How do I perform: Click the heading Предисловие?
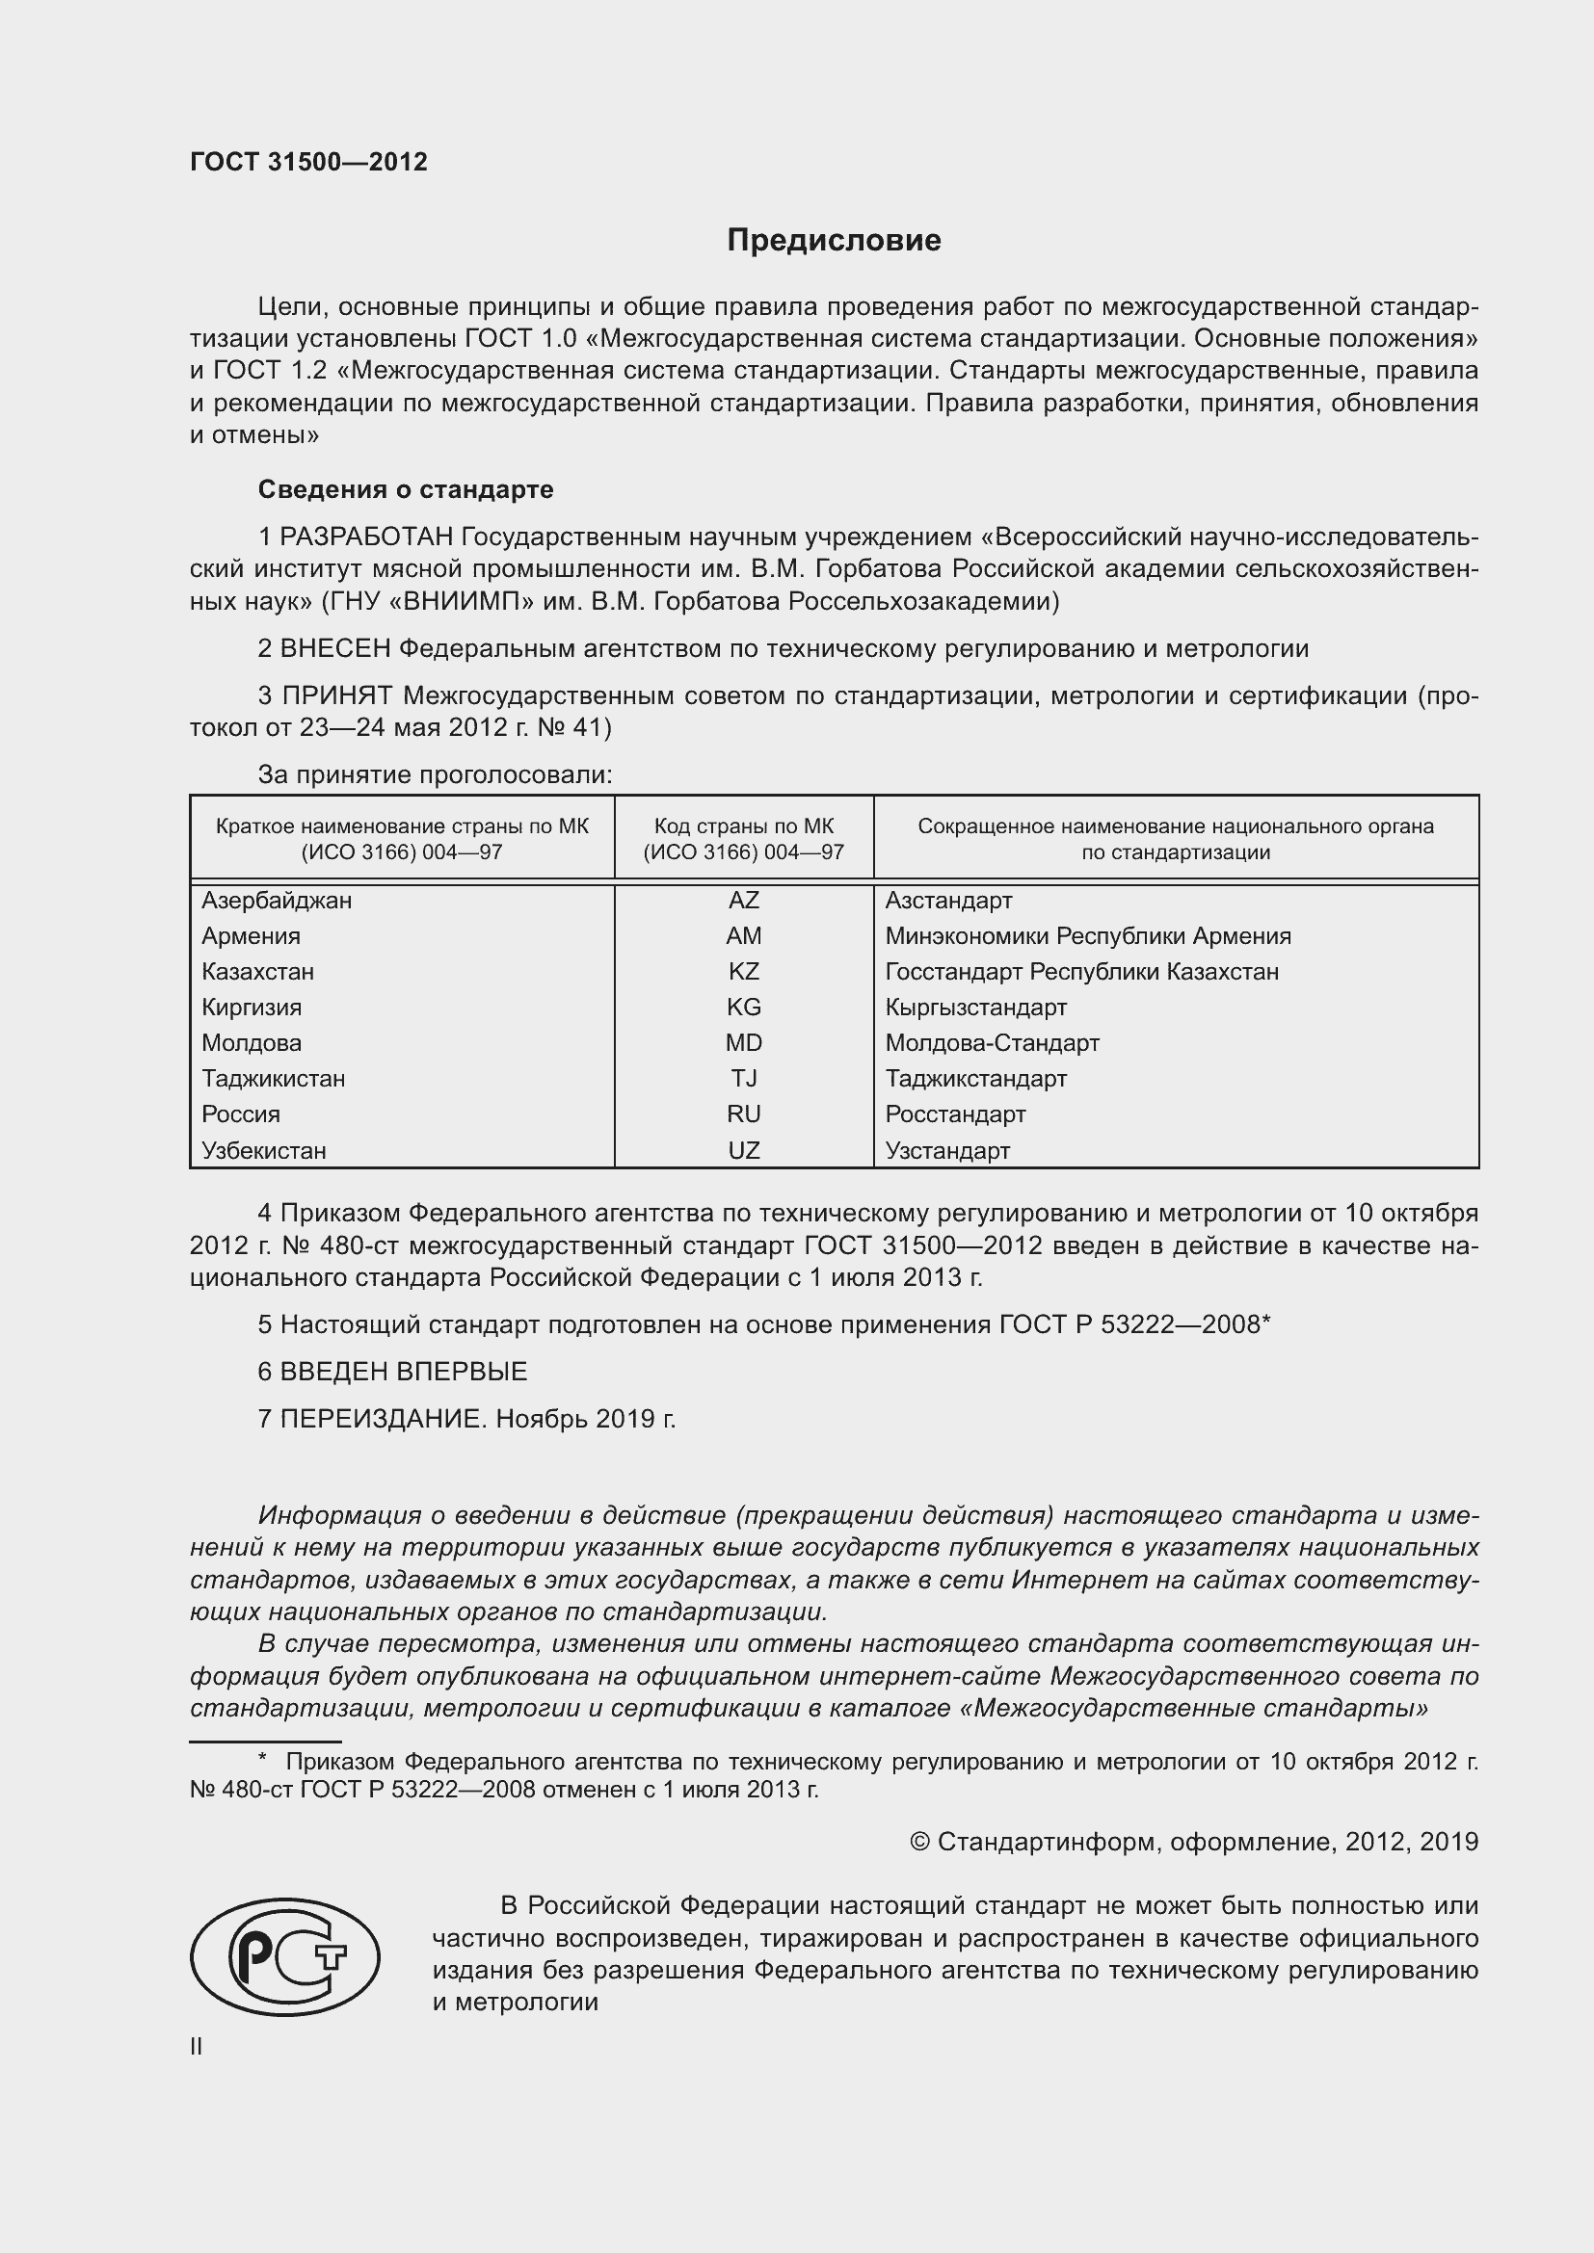(x=834, y=241)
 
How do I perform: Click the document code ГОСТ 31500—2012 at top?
(x=308, y=162)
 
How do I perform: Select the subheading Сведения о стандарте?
(x=406, y=488)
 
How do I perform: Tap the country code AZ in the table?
(x=743, y=900)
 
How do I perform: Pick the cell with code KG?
(x=743, y=1007)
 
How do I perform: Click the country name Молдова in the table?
(x=252, y=1042)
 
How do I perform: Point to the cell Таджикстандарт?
(x=974, y=1079)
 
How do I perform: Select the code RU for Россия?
(x=743, y=1113)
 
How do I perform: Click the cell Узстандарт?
(x=946, y=1150)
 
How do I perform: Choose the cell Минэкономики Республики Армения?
(x=1087, y=935)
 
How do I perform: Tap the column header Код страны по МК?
(x=743, y=826)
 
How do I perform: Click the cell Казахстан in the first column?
(x=257, y=972)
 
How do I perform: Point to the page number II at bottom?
(x=197, y=2046)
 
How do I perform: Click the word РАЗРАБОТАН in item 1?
(x=366, y=537)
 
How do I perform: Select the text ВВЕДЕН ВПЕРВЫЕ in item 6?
(x=404, y=1371)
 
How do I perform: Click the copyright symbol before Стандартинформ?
(x=919, y=1842)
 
